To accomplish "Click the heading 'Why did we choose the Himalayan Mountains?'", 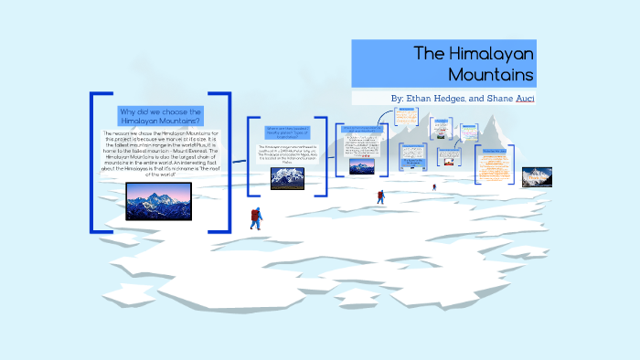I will click(160, 116).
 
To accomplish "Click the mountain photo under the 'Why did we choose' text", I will click(158, 201).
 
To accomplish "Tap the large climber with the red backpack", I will click(256, 218).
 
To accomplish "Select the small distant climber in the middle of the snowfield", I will click(380, 196).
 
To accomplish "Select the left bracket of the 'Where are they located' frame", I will click(250, 154).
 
